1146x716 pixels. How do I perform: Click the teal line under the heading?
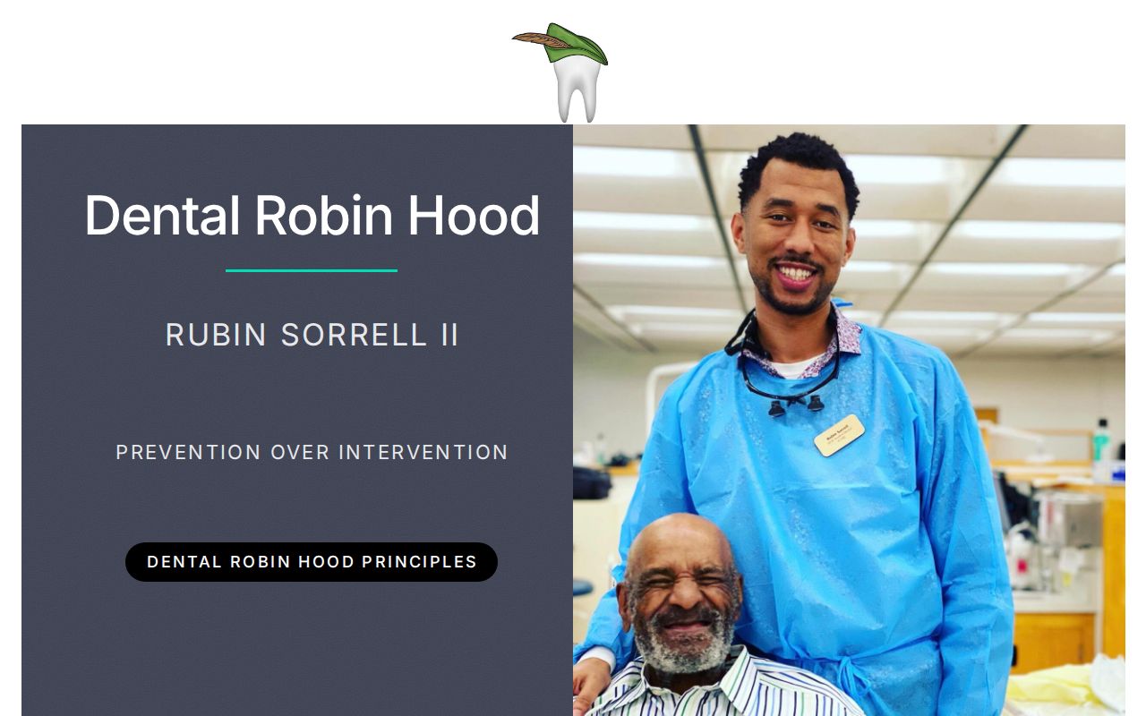tap(311, 270)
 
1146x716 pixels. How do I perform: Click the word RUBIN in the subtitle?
tap(216, 335)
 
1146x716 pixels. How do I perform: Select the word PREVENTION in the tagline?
tap(188, 453)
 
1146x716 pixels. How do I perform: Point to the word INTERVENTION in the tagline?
tap(423, 453)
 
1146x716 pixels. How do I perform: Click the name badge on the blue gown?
tap(839, 435)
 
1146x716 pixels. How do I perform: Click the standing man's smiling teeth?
tap(795, 271)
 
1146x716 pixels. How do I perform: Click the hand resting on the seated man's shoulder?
tap(590, 680)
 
